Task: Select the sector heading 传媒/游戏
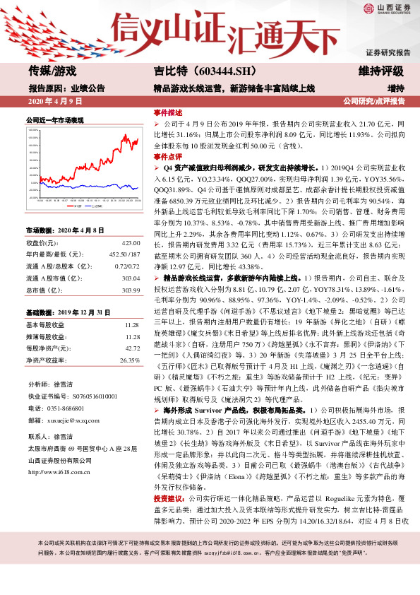[52, 71]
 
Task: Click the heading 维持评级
[381, 71]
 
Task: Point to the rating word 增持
[395, 88]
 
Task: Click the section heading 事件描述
[168, 112]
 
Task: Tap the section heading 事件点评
[168, 157]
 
